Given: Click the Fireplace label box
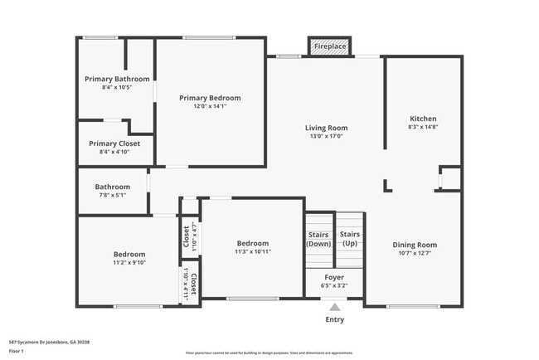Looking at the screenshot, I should point(330,46).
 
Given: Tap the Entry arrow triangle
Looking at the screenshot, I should point(335,308).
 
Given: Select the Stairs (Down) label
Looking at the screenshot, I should point(319,239).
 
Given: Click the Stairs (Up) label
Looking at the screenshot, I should point(350,239).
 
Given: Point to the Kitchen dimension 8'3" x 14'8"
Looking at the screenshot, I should point(423,127).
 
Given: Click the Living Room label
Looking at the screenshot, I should point(326,128).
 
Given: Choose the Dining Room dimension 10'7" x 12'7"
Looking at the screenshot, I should point(415,254).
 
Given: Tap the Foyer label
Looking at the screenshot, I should point(335,278).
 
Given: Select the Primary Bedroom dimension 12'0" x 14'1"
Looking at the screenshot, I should point(210,106).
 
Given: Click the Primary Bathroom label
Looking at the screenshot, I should point(118,79).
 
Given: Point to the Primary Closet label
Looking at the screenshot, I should point(114,144).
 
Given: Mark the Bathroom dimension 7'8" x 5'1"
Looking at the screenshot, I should point(112,195).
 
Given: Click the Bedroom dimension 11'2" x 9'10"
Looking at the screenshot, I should point(129,262).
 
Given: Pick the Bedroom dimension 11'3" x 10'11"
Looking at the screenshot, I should point(253,251).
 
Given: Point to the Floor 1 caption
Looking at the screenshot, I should point(17,351).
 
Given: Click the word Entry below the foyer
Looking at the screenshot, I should point(335,319).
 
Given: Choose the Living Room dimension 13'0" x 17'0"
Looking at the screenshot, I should point(326,137).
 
